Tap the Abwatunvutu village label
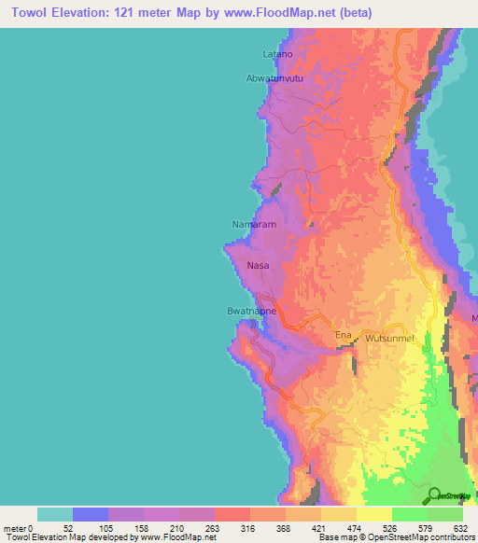pos(274,78)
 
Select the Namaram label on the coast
pos(250,224)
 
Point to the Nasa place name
pos(258,266)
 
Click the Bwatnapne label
pos(252,311)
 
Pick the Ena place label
pos(343,335)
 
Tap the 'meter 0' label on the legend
pos(20,527)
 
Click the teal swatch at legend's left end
pos(55,514)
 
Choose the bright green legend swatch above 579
pos(410,514)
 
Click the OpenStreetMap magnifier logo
pos(435,494)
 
